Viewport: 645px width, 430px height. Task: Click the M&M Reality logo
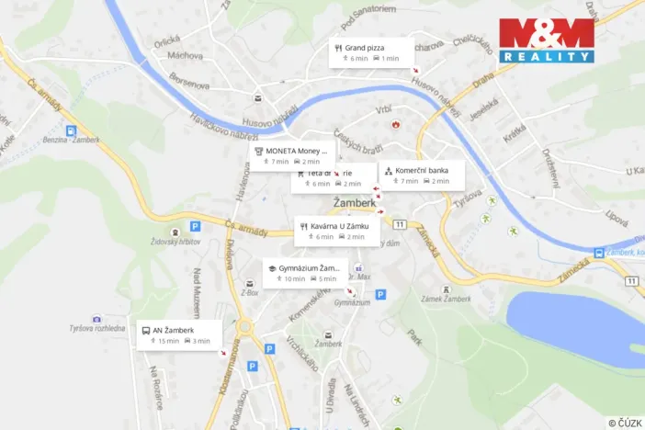tap(546, 40)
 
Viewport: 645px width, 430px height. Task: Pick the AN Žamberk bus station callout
tap(179, 334)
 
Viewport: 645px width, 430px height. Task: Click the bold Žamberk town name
tap(354, 204)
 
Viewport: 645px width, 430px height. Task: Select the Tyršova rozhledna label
tap(96, 328)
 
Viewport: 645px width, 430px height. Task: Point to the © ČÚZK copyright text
tap(624, 422)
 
